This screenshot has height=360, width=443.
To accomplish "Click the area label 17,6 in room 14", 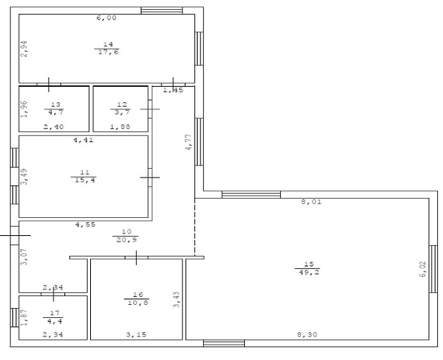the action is point(109,52).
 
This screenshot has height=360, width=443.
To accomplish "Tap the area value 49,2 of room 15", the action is point(309,272).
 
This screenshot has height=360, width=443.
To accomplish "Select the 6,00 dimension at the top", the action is point(106,18).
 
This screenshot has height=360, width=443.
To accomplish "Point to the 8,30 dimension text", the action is point(308,335).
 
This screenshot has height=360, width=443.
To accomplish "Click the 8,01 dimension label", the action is point(312,202).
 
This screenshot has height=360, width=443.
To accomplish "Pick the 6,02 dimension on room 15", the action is point(423,269).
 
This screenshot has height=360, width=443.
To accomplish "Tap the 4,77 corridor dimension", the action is point(188,142).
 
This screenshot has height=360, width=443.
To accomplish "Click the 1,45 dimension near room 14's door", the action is point(173,90).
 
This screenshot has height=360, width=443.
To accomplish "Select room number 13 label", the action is point(56,105).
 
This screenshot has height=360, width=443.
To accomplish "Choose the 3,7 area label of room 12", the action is point(122,113).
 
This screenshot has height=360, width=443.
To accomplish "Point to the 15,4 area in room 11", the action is point(85,180).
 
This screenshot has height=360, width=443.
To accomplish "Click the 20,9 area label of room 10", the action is point(127,240).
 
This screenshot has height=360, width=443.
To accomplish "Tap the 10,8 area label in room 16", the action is point(138,302).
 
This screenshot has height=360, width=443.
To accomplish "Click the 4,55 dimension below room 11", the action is point(85,225).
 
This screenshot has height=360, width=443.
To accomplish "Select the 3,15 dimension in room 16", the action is point(136,335).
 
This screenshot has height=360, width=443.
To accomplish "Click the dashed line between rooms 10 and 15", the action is point(195,227).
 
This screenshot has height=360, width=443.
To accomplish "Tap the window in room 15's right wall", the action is point(433,269).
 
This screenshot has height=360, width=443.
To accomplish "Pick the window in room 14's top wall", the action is point(162,11).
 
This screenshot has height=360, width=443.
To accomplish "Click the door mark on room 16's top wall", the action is point(136,258).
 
